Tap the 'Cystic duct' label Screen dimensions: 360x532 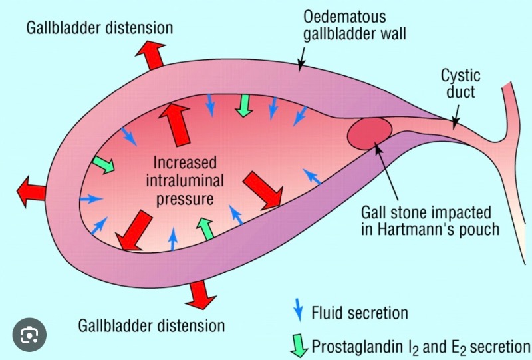tap(460, 83)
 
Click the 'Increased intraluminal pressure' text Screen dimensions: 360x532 tap(181, 180)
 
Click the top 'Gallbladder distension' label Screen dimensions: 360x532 tap(100, 28)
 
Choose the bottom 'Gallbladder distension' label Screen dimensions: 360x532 tap(151, 326)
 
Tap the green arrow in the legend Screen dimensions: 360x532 tap(298, 345)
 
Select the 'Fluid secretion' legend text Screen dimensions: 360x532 tap(359, 313)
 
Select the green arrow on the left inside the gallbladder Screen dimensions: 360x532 tap(104, 164)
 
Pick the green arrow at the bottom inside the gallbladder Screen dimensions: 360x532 tap(207, 229)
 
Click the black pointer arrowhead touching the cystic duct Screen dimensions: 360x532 tap(454, 124)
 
